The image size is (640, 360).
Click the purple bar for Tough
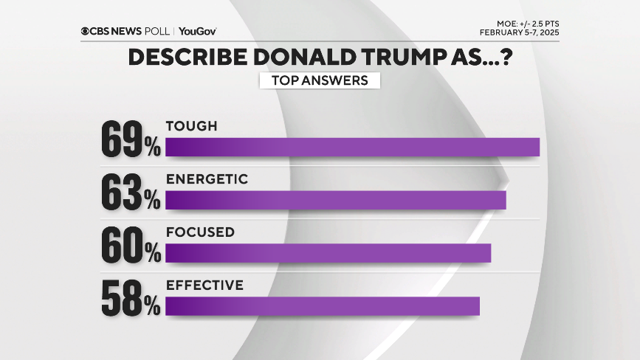tap(352, 147)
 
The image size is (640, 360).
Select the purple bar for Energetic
tap(335, 200)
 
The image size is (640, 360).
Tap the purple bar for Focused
tap(328, 253)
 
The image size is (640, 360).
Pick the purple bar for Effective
tap(323, 306)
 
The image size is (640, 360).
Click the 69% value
tap(131, 139)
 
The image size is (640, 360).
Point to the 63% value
tap(131, 193)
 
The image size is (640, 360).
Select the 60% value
tap(131, 246)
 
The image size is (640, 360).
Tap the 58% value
tap(131, 299)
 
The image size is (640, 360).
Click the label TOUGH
tap(192, 126)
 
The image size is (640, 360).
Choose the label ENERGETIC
tap(207, 179)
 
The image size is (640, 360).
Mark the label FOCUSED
tap(200, 232)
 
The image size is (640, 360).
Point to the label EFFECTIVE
tap(204, 285)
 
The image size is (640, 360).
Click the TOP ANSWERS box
tap(320, 80)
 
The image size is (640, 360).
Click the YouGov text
tap(197, 32)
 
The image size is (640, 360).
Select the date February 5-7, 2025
tap(519, 32)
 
